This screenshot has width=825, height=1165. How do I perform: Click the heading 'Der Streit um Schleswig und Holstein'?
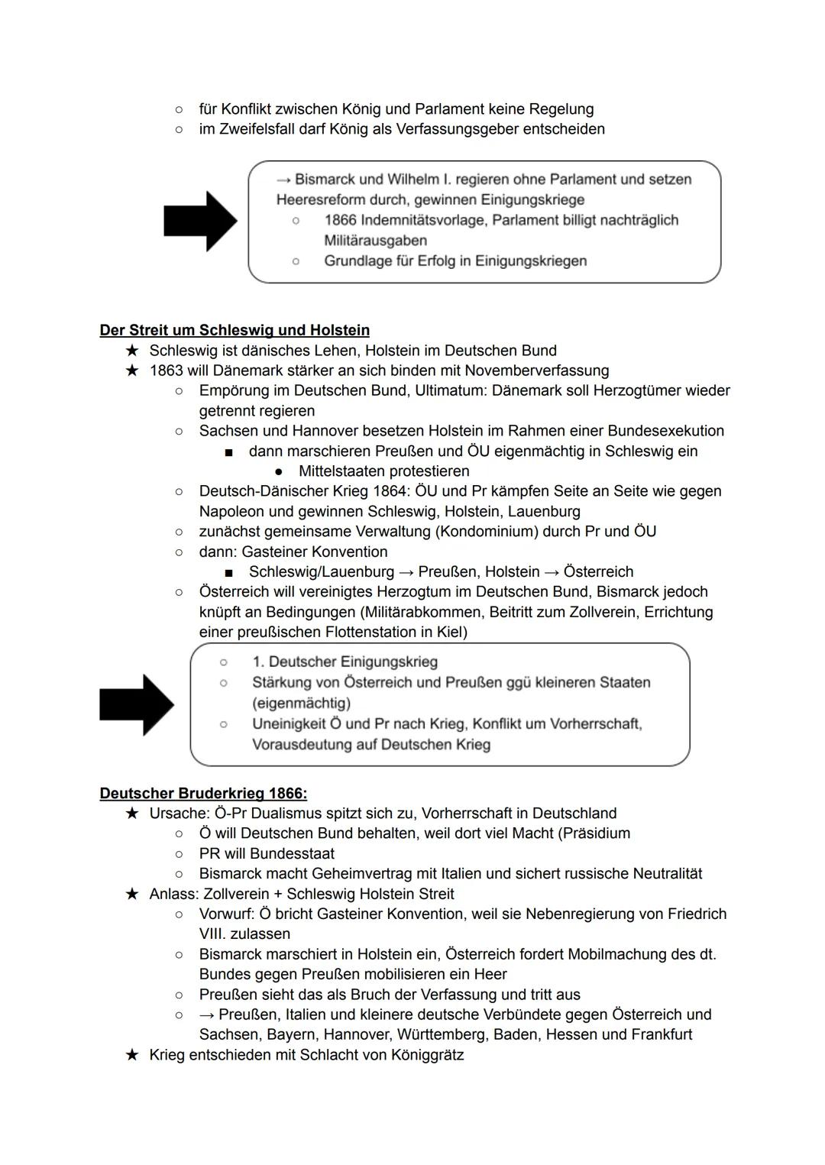pos(235,330)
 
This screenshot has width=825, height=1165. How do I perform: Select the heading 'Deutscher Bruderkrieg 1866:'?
pos(203,793)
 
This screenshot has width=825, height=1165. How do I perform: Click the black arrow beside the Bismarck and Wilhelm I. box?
pos(200,222)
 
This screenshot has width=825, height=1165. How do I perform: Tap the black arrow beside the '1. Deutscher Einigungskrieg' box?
pos(137,704)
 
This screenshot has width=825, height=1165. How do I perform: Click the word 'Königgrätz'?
pos(427,1055)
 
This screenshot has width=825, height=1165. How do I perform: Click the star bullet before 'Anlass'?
pos(132,894)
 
